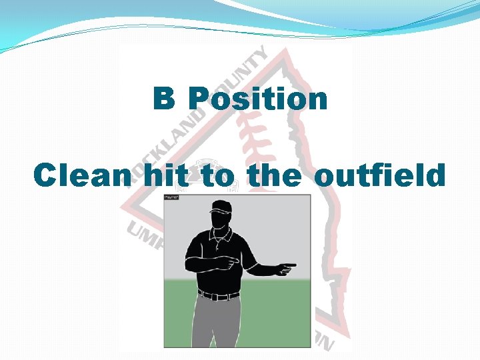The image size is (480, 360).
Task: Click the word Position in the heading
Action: coord(258,99)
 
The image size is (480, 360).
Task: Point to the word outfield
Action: coord(379,176)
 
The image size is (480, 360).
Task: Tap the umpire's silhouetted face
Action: coord(219,221)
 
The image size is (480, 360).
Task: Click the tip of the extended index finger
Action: coord(295,265)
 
